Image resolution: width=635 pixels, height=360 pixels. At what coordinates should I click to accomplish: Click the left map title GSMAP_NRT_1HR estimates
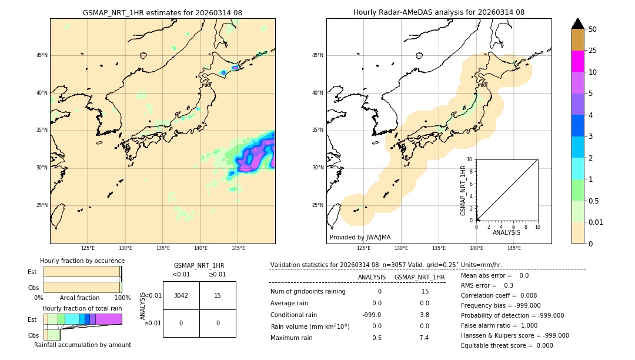click(162, 12)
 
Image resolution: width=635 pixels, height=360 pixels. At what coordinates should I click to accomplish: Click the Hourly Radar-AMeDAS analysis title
click(439, 12)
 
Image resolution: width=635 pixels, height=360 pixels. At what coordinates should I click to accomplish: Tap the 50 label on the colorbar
click(593, 29)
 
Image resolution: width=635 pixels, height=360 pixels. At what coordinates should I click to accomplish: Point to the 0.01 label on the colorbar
click(596, 222)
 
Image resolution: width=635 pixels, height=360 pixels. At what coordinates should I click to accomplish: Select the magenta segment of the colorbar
click(577, 61)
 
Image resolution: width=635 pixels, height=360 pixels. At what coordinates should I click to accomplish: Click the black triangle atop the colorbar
click(577, 24)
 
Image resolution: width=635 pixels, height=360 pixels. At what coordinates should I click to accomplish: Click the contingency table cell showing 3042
click(181, 295)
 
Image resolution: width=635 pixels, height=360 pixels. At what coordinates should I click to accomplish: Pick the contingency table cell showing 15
click(218, 295)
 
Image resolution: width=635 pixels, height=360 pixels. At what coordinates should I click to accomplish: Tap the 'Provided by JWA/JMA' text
click(360, 237)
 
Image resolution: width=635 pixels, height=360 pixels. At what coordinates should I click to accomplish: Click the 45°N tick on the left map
click(41, 55)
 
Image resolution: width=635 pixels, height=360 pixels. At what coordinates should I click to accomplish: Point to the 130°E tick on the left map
click(125, 249)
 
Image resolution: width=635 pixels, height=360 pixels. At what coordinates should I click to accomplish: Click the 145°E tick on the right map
click(514, 249)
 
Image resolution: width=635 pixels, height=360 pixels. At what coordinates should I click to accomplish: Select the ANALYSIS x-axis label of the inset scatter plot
click(506, 232)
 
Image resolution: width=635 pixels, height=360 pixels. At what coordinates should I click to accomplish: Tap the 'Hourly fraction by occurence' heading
click(82, 261)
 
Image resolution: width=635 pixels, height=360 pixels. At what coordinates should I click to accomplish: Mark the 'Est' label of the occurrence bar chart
click(32, 272)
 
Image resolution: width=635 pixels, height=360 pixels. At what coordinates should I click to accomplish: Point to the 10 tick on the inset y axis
click(470, 159)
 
